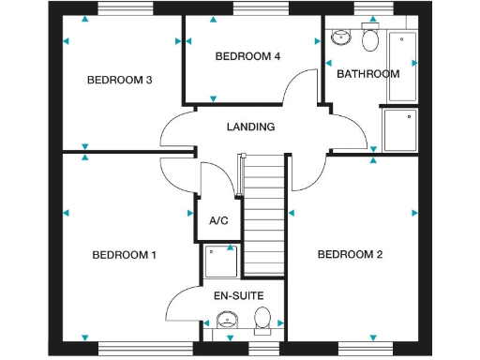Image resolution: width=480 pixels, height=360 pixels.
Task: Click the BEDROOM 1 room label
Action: click(x=124, y=255)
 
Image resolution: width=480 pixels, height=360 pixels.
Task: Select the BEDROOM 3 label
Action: click(x=120, y=80)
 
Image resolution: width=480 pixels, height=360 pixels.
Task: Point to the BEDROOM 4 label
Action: click(x=247, y=56)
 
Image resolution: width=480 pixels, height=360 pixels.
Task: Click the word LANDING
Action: click(x=251, y=127)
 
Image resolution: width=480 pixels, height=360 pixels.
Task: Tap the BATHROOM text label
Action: click(x=368, y=74)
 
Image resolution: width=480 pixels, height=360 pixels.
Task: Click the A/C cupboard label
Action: click(x=218, y=221)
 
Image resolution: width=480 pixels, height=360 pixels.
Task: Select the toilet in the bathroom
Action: click(x=370, y=39)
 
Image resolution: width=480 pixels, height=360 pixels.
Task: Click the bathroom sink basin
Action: click(x=341, y=37)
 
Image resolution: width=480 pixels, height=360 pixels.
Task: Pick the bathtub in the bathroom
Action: click(x=402, y=66)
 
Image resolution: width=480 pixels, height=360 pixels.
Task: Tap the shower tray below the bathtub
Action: click(x=400, y=129)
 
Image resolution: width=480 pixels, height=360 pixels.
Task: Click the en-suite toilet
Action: click(x=262, y=319)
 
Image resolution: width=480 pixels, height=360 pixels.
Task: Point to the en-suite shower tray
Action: click(x=221, y=262)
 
